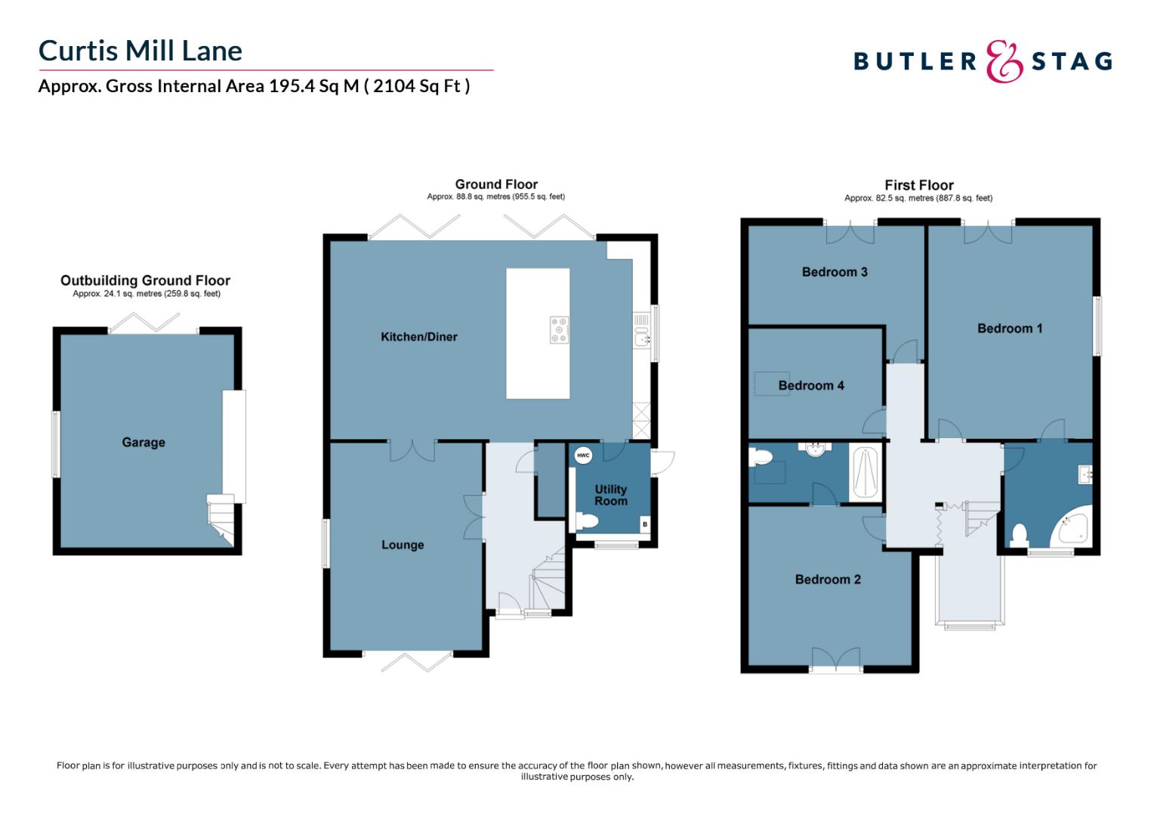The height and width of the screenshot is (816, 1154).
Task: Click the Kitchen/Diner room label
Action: pyautogui.click(x=418, y=337)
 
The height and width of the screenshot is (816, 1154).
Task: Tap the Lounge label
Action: pyautogui.click(x=403, y=545)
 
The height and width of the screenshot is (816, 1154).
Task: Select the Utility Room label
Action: pyautogui.click(x=610, y=495)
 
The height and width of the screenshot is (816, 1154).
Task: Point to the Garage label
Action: pyautogui.click(x=143, y=443)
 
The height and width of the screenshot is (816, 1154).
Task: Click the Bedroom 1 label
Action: pyautogui.click(x=1010, y=329)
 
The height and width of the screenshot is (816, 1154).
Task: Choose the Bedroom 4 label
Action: pyautogui.click(x=811, y=385)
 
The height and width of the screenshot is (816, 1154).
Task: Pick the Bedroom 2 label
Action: pyautogui.click(x=828, y=580)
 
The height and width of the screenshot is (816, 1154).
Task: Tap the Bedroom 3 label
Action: pyautogui.click(x=835, y=272)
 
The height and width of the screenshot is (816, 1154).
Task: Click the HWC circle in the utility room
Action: pyautogui.click(x=583, y=456)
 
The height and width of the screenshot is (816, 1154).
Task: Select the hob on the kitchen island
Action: pyautogui.click(x=559, y=330)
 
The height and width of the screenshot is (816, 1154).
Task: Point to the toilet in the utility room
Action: pyautogui.click(x=586, y=521)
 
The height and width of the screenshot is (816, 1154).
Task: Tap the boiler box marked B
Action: pyautogui.click(x=644, y=524)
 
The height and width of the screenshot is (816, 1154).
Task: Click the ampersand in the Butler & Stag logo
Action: pyautogui.click(x=1004, y=61)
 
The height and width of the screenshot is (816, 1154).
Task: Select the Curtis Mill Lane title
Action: pyautogui.click(x=140, y=51)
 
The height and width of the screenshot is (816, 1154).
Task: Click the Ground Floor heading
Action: pyautogui.click(x=496, y=184)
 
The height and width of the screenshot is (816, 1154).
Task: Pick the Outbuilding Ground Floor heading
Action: pyautogui.click(x=145, y=280)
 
